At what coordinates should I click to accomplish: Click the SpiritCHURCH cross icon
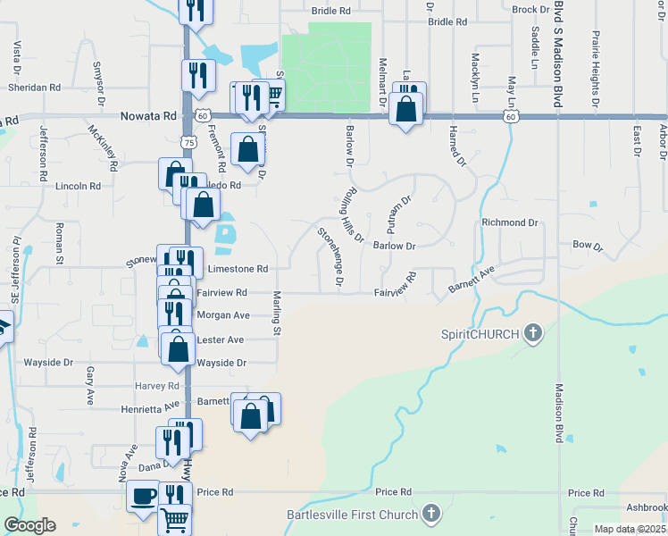pyautogui.click(x=532, y=334)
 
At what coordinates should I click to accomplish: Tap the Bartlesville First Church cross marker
pyautogui.click(x=431, y=514)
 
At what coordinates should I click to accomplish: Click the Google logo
pyautogui.click(x=29, y=525)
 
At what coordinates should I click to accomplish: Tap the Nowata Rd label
pyautogui.click(x=148, y=116)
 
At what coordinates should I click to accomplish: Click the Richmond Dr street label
pyautogui.click(x=510, y=222)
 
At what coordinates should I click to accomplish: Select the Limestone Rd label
pyautogui.click(x=238, y=268)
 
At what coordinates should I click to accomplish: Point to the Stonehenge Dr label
pyautogui.click(x=330, y=255)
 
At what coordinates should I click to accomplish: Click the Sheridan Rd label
pyautogui.click(x=34, y=88)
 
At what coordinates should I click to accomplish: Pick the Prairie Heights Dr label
pyautogui.click(x=595, y=61)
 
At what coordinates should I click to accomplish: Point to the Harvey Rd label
pyautogui.click(x=157, y=386)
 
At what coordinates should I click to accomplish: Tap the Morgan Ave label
pyautogui.click(x=222, y=315)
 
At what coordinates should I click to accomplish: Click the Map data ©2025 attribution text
pyautogui.click(x=629, y=529)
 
